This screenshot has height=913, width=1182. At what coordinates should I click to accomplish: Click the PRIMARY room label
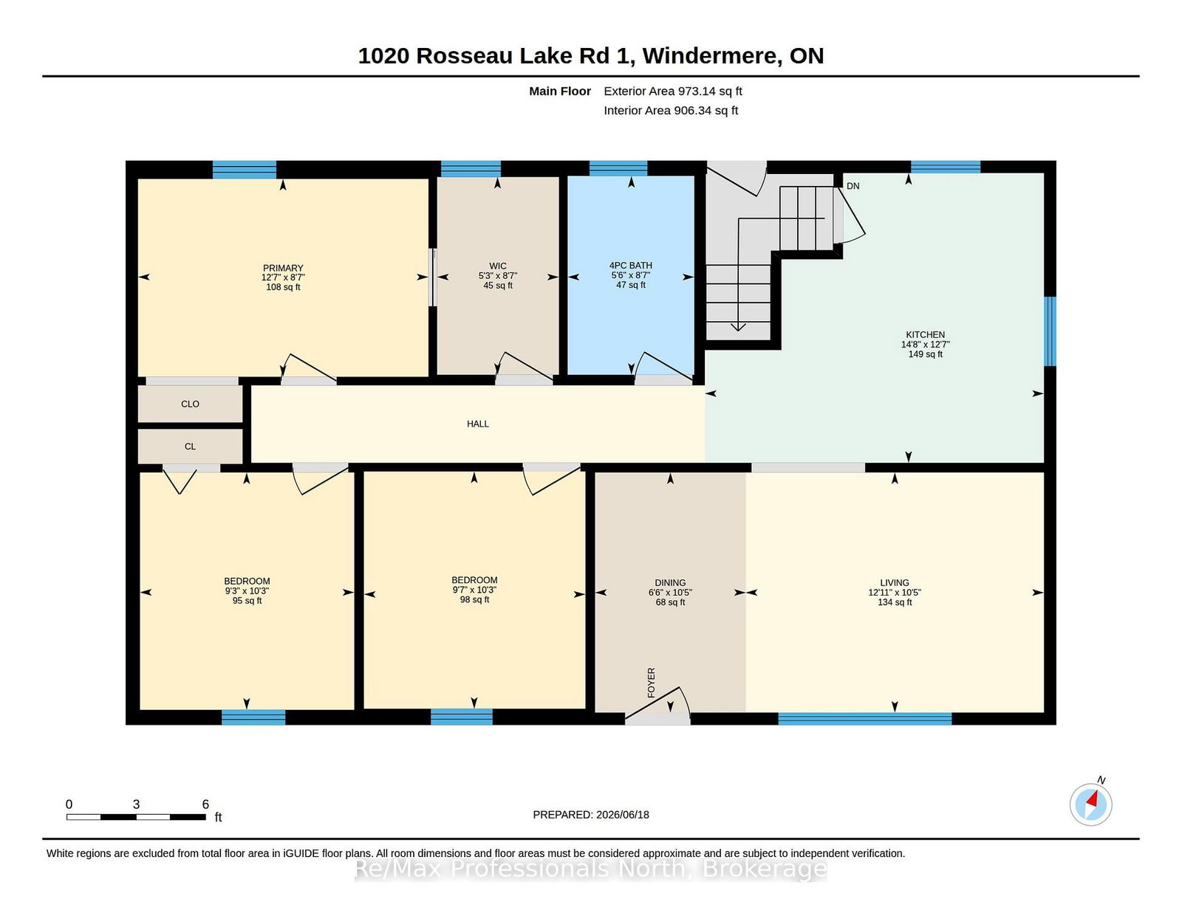click(x=283, y=268)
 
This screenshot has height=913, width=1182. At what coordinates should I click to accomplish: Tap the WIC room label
click(x=498, y=266)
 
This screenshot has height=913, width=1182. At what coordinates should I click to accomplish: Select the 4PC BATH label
click(x=630, y=265)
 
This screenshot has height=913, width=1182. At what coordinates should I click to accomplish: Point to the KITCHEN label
click(x=925, y=335)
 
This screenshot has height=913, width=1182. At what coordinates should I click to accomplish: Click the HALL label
click(x=477, y=424)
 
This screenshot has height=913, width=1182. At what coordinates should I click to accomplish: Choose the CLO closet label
click(x=190, y=404)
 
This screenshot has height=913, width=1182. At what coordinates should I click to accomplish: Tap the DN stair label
click(x=853, y=186)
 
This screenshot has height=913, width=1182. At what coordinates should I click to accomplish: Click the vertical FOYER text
click(x=651, y=683)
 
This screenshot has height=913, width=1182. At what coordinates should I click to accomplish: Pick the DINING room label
click(x=670, y=582)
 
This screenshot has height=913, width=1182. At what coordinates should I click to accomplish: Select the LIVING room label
click(x=894, y=582)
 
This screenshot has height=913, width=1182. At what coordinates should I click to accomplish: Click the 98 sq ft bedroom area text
click(x=474, y=599)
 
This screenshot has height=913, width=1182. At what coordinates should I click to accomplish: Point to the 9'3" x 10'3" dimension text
click(x=247, y=590)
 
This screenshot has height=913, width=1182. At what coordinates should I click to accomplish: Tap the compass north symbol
click(x=1090, y=805)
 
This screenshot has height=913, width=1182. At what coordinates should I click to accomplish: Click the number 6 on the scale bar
click(x=205, y=805)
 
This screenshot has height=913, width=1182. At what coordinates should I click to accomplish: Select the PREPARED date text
click(x=591, y=815)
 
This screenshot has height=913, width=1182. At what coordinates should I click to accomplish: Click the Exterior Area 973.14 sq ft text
click(x=673, y=92)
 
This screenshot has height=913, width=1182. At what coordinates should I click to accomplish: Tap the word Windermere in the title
click(x=711, y=56)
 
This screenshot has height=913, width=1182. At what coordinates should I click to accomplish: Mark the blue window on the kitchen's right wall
click(x=1051, y=331)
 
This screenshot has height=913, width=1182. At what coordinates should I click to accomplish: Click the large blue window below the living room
click(x=865, y=718)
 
